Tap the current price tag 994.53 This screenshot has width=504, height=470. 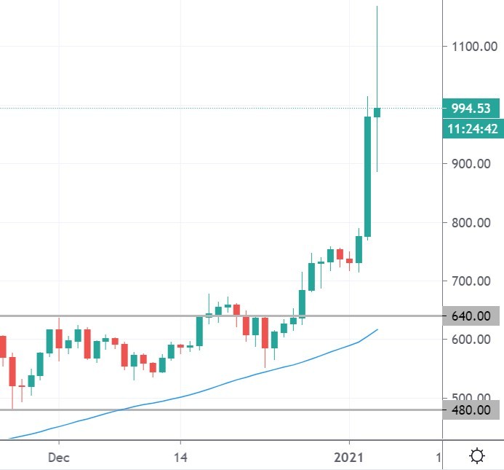[470, 108]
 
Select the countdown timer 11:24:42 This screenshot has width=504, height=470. [472, 129]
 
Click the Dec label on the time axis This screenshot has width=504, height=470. [59, 457]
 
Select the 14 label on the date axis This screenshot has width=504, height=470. [180, 457]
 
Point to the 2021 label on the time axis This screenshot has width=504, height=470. [349, 457]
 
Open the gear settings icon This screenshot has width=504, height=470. [477, 457]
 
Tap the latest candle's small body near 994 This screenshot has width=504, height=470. [377, 112]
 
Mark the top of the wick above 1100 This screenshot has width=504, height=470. [377, 7]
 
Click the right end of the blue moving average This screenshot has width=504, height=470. [377, 330]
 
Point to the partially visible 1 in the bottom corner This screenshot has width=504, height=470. [439, 457]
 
